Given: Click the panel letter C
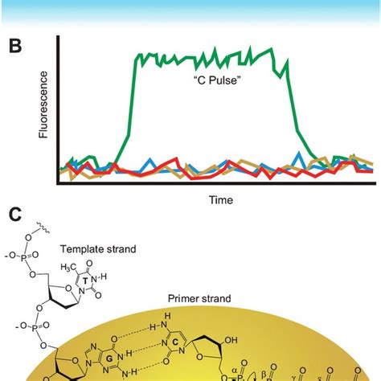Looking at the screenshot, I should [15, 215].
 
